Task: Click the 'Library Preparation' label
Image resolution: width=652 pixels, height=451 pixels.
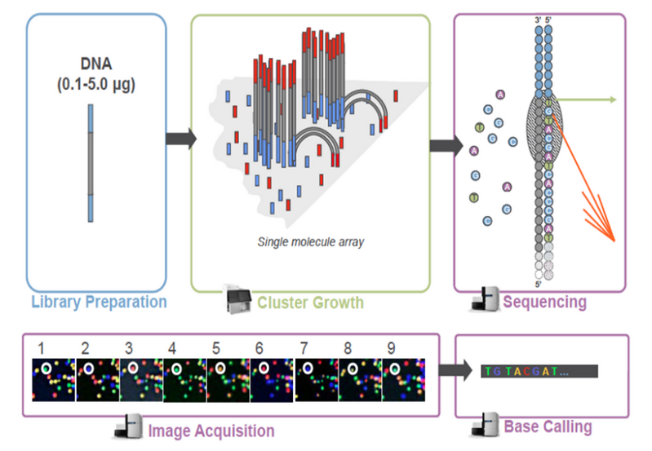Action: click(98, 302)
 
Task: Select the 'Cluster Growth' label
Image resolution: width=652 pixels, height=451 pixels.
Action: click(310, 303)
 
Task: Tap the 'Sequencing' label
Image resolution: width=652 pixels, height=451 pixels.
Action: click(544, 302)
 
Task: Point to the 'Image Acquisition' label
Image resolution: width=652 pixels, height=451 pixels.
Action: click(211, 430)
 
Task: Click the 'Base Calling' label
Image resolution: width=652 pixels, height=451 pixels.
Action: click(548, 427)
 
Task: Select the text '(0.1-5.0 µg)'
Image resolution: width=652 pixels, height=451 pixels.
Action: click(95, 84)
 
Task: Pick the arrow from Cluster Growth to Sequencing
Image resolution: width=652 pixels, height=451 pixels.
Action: click(441, 146)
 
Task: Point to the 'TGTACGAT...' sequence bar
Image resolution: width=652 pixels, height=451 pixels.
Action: click(539, 371)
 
